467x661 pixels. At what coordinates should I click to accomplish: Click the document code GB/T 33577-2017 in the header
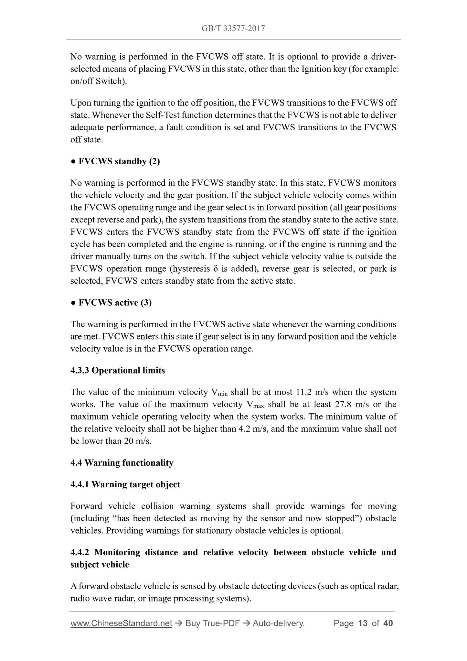click(233, 28)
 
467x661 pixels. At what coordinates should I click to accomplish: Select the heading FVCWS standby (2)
click(119, 161)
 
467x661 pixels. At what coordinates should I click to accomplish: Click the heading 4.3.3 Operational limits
click(118, 370)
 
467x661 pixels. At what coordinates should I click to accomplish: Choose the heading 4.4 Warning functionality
click(122, 463)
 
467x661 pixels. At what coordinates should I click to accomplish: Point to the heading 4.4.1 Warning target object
click(125, 484)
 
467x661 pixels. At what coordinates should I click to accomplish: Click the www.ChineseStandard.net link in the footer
click(121, 623)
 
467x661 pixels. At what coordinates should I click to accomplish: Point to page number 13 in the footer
click(363, 623)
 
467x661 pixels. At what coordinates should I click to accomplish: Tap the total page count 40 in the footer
click(388, 623)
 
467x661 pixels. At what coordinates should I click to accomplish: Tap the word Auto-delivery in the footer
click(279, 623)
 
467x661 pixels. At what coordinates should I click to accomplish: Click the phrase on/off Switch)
click(99, 81)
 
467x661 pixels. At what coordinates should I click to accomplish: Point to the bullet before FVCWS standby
click(73, 161)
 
